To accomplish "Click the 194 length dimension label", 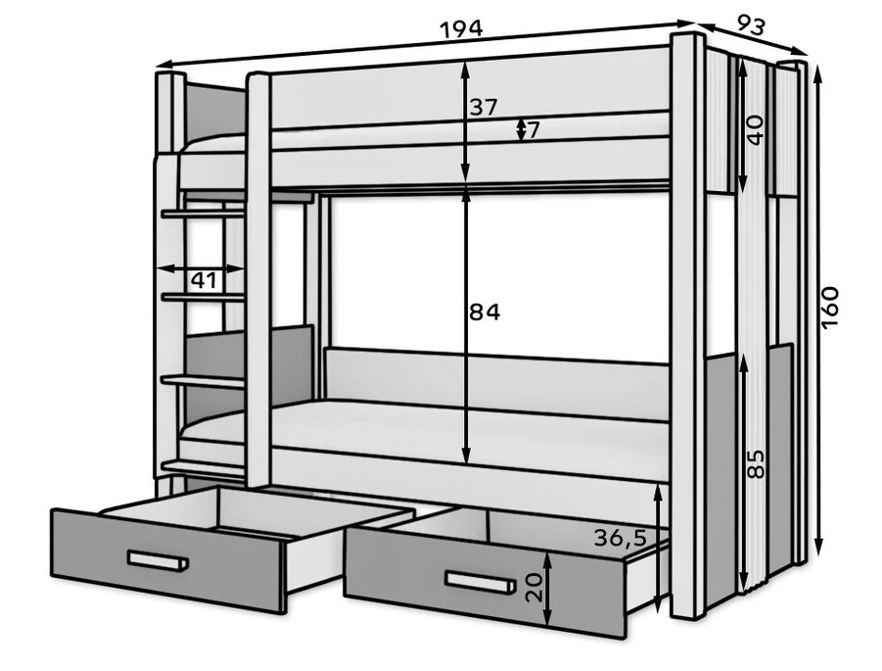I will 461,28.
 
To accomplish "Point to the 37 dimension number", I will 484,108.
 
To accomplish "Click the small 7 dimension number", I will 534,129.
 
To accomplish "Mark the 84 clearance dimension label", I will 484,312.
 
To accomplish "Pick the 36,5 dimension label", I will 619,537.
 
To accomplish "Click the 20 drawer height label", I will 534,587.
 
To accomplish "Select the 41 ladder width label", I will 203,281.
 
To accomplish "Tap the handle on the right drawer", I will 478,583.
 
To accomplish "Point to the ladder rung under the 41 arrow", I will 203,296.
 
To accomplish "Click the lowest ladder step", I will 203,466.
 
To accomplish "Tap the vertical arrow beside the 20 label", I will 549,587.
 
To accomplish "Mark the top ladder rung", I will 203,212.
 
